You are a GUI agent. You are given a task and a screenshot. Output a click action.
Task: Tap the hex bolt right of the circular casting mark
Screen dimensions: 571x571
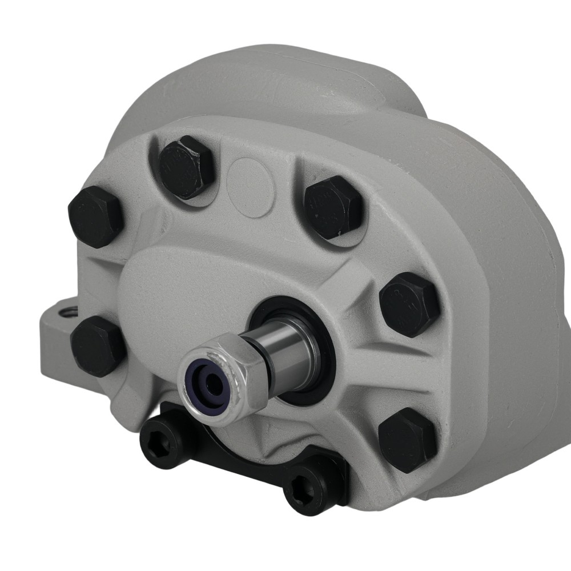tap(333, 207)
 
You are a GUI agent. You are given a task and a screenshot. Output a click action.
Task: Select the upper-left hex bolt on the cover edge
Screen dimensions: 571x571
tap(96, 216)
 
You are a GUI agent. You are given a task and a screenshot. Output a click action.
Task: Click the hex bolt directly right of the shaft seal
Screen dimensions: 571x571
tap(409, 304)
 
